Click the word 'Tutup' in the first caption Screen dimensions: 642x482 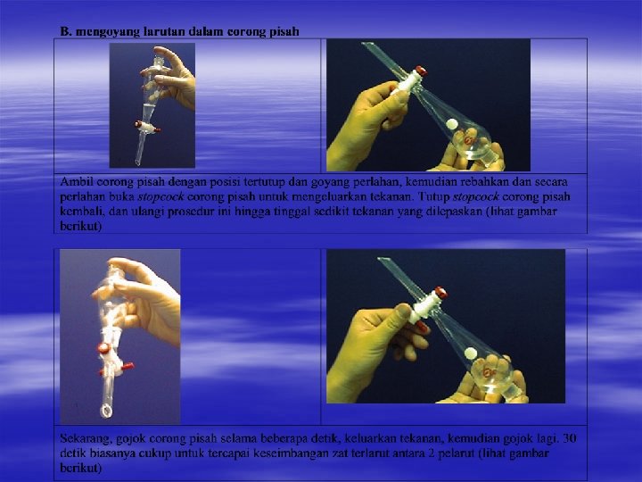pos(433,196)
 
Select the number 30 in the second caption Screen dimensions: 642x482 pos(570,438)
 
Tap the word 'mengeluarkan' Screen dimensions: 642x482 pos(326,196)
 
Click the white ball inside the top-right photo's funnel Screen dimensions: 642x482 pos(452,123)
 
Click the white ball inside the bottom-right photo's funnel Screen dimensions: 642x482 pos(471,353)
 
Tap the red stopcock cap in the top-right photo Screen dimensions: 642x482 pos(421,71)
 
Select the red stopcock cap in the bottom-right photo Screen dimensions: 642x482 pos(440,292)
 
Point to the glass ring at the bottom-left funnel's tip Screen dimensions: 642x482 pos(105,411)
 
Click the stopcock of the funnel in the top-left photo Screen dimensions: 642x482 pos(146,127)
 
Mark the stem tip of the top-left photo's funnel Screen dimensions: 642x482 pos(138,163)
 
